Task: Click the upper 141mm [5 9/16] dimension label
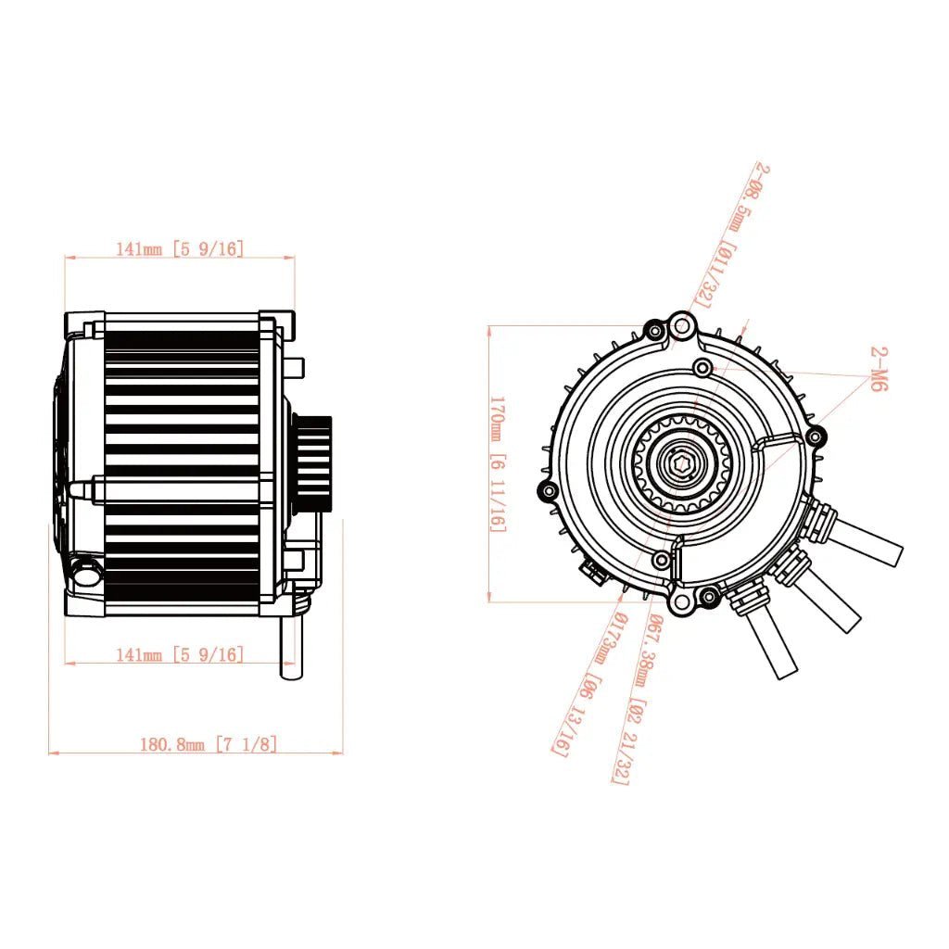coord(179,248)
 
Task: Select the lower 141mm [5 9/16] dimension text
coord(179,654)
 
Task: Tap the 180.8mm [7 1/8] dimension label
coord(208,743)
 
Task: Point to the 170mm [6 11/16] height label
coord(498,463)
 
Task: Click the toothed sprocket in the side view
coord(313,462)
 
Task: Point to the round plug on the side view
coord(86,572)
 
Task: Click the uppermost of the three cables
coord(867,542)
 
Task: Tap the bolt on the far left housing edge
coord(548,490)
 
